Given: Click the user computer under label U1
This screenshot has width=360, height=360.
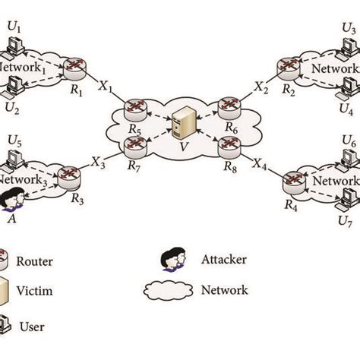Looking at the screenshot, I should pyautogui.click(x=13, y=47).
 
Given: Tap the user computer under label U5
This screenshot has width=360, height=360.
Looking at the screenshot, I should pyautogui.click(x=13, y=159).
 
